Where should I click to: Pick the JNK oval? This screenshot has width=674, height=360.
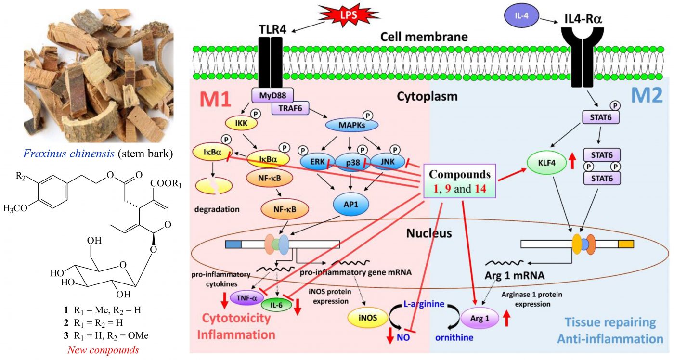pyautogui.click(x=388, y=161)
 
